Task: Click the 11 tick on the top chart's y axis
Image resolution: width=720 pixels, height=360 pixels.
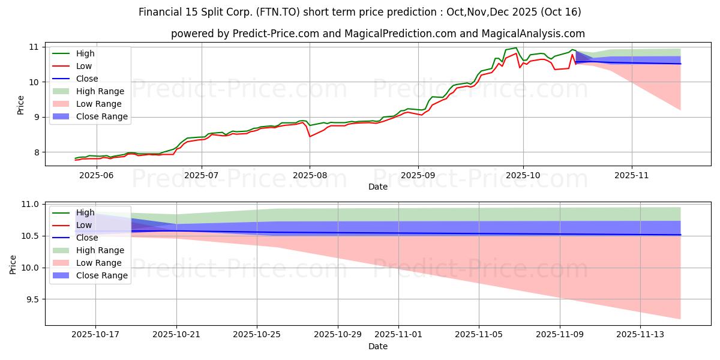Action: click(x=34, y=47)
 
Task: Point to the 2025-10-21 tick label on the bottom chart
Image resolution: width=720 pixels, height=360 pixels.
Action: click(x=176, y=334)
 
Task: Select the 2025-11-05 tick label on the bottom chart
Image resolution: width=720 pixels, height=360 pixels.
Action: click(x=479, y=334)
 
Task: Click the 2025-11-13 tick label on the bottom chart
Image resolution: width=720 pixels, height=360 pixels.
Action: click(x=640, y=334)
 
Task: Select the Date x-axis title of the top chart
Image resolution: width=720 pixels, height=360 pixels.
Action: click(x=378, y=187)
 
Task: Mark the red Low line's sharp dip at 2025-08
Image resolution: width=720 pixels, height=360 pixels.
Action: click(x=310, y=136)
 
